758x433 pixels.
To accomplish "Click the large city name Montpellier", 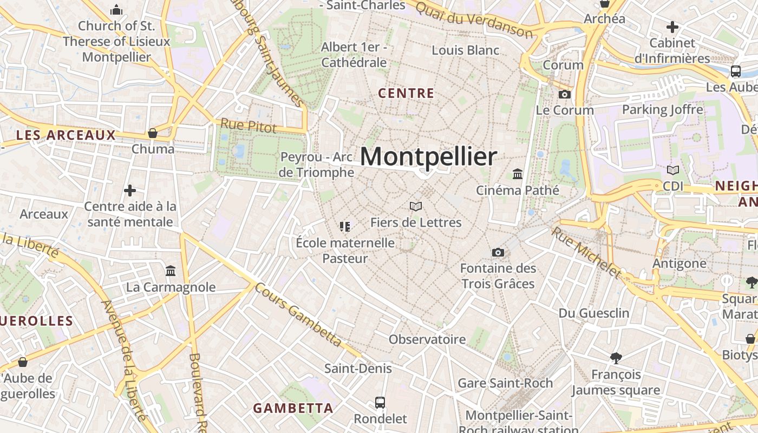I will tap(428, 156).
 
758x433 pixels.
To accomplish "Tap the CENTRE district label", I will tap(406, 93).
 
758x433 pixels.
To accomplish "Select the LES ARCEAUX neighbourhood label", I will tap(66, 135).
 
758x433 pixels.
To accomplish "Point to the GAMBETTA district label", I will tap(293, 408).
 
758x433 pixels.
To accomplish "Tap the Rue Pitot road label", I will tap(249, 126).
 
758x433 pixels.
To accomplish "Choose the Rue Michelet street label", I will tap(586, 252).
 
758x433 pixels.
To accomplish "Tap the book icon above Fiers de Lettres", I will tap(416, 206).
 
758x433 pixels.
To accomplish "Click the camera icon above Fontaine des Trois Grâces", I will tap(498, 252).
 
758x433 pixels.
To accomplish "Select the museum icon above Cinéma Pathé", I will tap(518, 174).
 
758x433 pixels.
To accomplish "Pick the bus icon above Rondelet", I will tap(380, 403).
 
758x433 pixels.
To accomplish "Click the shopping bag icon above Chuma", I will tap(153, 133).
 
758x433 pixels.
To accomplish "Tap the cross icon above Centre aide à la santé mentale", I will tap(130, 191).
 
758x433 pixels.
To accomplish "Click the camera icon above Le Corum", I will tap(565, 94).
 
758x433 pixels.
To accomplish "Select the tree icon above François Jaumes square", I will tap(616, 358).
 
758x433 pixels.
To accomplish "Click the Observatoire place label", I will tap(427, 339).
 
